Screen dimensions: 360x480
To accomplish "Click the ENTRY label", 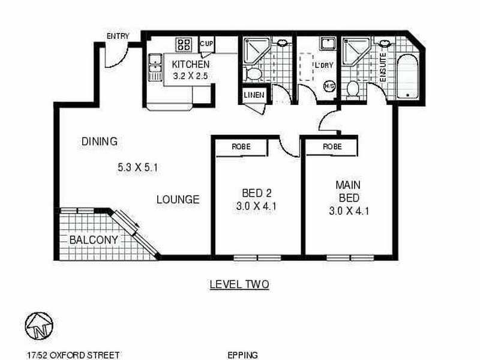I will (118, 36).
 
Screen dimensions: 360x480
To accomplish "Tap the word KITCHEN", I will (190, 64).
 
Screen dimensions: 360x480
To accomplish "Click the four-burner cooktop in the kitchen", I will (184, 44).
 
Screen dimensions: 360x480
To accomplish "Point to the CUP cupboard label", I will (206, 44).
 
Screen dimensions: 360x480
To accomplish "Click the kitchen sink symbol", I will (155, 67).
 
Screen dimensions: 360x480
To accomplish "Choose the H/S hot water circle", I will (329, 86).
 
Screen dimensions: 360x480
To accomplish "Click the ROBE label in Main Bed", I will (332, 146).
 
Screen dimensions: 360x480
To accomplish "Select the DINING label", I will (99, 142).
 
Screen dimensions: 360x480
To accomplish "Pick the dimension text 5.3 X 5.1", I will (137, 168).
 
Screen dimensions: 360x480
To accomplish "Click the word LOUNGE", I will (178, 199).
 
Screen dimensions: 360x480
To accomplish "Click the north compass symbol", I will (38, 326).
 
